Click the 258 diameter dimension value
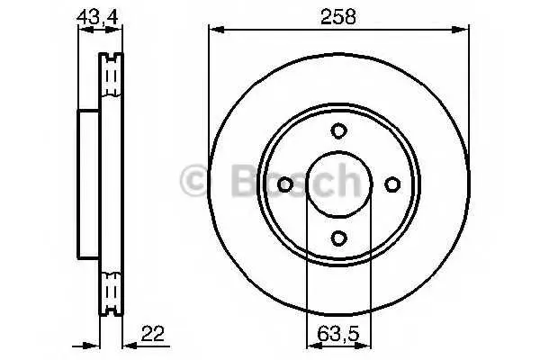[337, 16]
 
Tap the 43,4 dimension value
[98, 17]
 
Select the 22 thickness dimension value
[153, 333]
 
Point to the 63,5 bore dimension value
[337, 334]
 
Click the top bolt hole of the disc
[338, 130]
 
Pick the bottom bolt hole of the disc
[338, 238]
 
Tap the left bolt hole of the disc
[285, 184]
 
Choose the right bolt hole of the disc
[392, 184]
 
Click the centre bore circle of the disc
[339, 151]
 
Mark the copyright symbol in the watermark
[193, 180]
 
